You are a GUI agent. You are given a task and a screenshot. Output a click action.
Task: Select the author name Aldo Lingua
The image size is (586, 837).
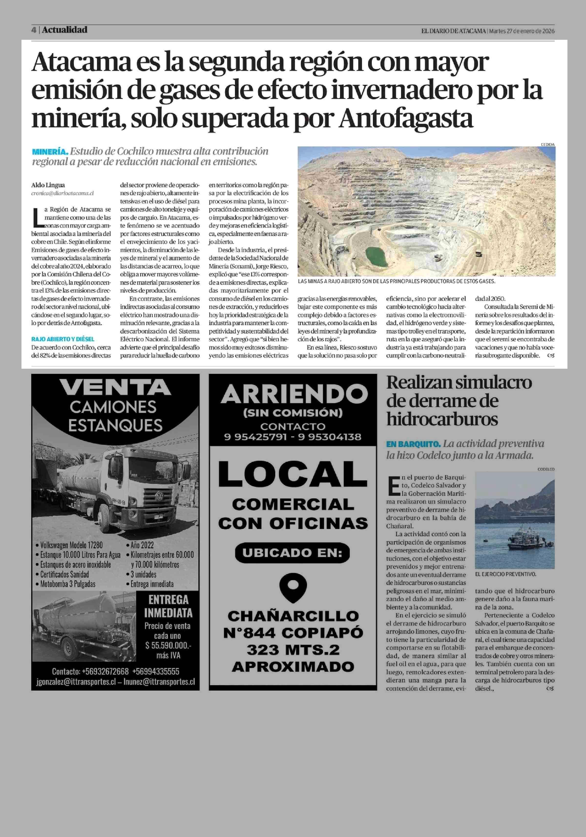click(x=48, y=185)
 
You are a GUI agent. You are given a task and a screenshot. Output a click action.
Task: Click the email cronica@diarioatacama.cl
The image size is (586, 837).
click(x=62, y=194)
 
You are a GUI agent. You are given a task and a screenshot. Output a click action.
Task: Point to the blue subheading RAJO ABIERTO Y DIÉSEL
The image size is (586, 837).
click(x=63, y=339)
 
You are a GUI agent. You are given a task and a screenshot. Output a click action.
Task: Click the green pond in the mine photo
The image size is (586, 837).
click(x=377, y=256)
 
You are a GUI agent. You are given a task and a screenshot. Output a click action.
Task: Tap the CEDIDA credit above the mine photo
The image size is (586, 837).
click(x=547, y=145)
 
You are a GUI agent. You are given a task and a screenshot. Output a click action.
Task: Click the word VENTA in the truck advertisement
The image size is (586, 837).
click(x=115, y=388)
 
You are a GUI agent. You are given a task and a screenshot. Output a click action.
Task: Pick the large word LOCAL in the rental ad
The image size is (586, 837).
click(x=293, y=474)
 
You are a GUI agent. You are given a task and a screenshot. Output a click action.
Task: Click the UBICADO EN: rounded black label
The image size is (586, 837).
click(x=293, y=553)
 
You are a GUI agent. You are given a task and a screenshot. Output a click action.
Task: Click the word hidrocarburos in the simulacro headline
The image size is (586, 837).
click(x=442, y=419)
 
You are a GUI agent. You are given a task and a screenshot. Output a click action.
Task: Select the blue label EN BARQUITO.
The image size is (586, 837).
click(x=413, y=444)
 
